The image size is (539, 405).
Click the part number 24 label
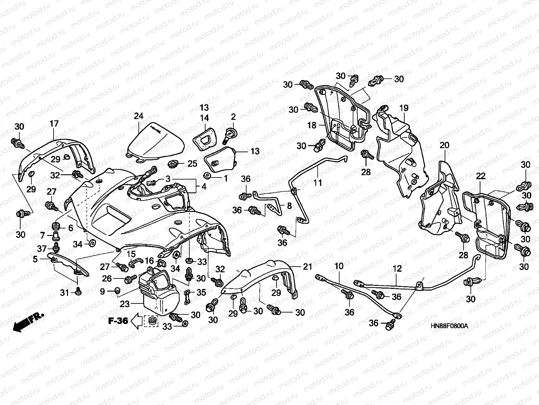tap(138, 116)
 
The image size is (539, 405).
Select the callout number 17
tap(54, 124)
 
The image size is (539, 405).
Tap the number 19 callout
tap(404, 108)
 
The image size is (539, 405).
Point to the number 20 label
tap(445, 145)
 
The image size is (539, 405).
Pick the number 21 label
tap(307, 267)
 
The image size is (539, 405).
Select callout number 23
tap(125, 304)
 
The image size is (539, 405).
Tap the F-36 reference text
tap(118, 321)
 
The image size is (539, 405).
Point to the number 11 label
tap(318, 183)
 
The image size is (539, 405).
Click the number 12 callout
tap(397, 269)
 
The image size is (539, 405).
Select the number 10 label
tap(339, 266)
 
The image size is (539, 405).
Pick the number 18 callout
tap(312, 126)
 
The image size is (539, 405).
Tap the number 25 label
tap(192, 164)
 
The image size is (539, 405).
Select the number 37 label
tap(42, 249)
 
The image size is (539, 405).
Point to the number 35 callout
tap(201, 292)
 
